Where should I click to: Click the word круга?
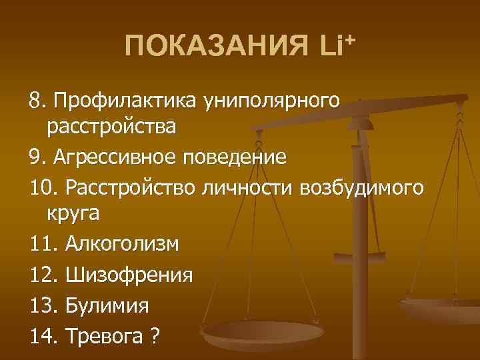tap(73, 214)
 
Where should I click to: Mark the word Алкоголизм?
tap(123, 244)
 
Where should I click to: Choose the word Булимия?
tap(108, 305)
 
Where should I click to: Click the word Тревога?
tap(105, 335)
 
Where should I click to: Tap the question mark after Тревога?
tap(155, 335)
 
